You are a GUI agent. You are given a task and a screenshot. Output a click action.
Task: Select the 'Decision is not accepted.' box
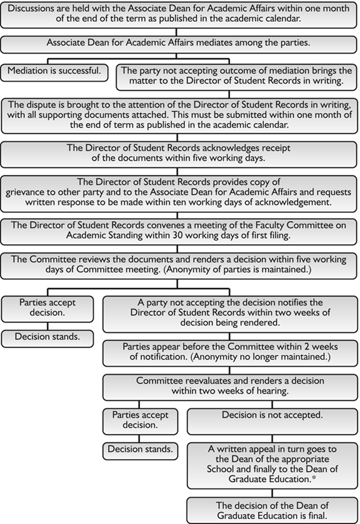[x=272, y=414]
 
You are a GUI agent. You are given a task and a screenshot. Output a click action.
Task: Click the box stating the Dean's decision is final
[x=272, y=510]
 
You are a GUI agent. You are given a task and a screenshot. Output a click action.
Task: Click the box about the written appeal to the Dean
[x=272, y=465]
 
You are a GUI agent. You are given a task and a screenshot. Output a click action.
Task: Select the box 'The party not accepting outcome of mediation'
[x=237, y=76]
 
